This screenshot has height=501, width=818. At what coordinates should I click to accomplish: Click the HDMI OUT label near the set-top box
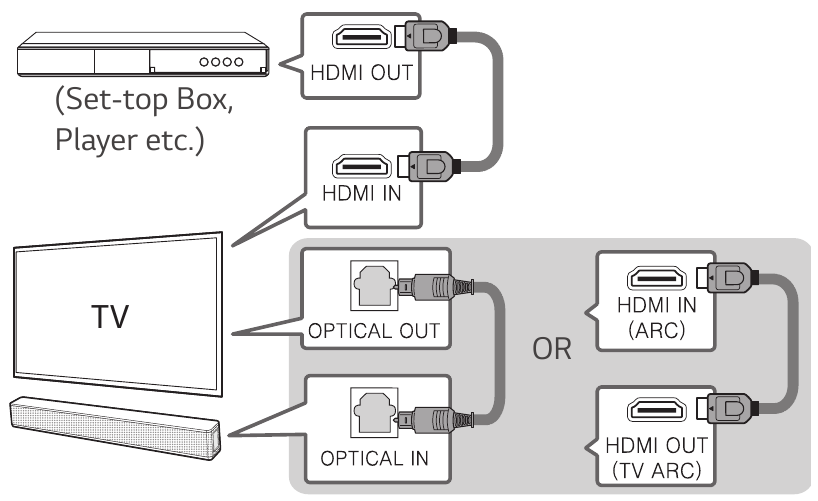[x=362, y=73]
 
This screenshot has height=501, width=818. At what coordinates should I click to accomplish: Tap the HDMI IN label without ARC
[x=362, y=194]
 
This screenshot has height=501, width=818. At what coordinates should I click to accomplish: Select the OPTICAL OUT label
[x=374, y=331]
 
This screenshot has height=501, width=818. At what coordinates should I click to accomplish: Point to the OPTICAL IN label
[x=374, y=458]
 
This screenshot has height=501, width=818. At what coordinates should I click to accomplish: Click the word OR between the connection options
[x=552, y=349]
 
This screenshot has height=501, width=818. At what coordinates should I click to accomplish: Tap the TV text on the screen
[x=110, y=316]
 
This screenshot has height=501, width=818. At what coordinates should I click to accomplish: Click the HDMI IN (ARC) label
[x=656, y=317]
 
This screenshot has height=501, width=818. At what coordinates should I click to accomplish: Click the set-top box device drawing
[x=143, y=54]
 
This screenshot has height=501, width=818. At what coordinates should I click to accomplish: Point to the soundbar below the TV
[x=115, y=425]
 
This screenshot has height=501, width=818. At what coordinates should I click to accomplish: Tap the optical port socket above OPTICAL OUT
[x=374, y=285]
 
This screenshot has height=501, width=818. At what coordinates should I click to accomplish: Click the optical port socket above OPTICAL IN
[x=374, y=412]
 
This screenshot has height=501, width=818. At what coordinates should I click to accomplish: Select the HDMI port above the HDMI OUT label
[x=362, y=37]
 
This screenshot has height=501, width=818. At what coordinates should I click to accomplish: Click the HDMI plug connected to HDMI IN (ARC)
[x=727, y=278]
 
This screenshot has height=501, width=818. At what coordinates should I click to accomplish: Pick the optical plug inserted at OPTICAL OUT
[x=436, y=287]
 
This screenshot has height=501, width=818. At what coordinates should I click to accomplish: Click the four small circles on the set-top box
[x=221, y=62]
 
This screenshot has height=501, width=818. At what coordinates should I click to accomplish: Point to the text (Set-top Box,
[x=144, y=99]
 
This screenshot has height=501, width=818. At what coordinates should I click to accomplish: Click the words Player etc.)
[x=130, y=139]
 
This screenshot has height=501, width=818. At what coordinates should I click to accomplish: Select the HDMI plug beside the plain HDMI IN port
[x=428, y=166]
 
